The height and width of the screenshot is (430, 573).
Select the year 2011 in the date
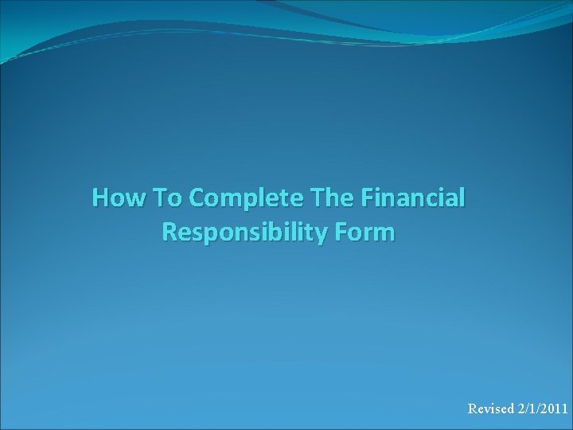pos(554,409)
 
